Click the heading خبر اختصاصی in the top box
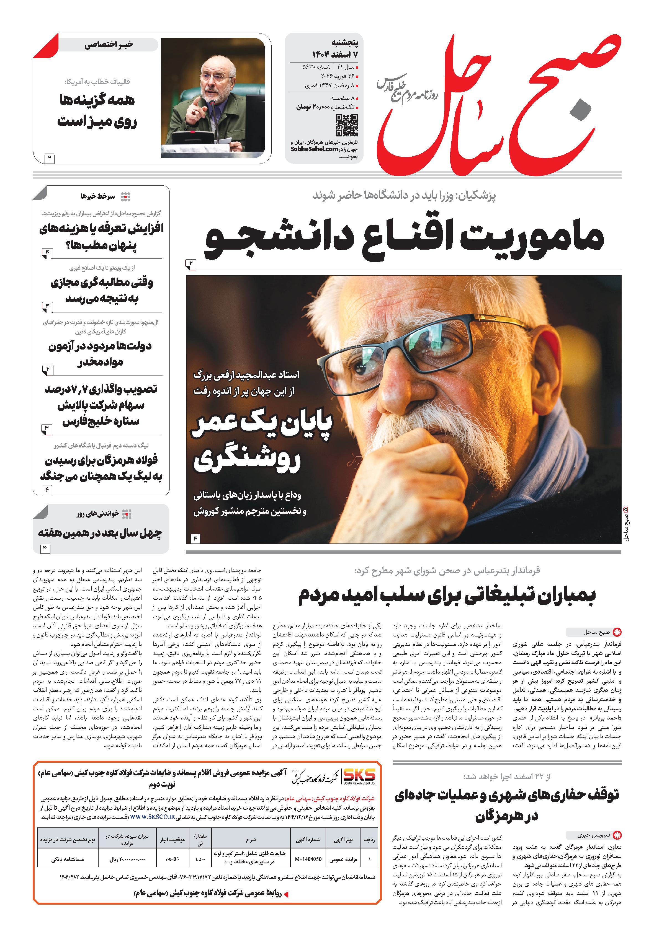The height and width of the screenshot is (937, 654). [x=109, y=45]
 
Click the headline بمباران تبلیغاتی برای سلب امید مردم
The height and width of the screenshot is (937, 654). [x=447, y=596]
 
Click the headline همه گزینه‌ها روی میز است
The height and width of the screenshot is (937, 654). [x=97, y=111]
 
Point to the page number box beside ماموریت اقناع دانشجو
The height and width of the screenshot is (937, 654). [x=191, y=265]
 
